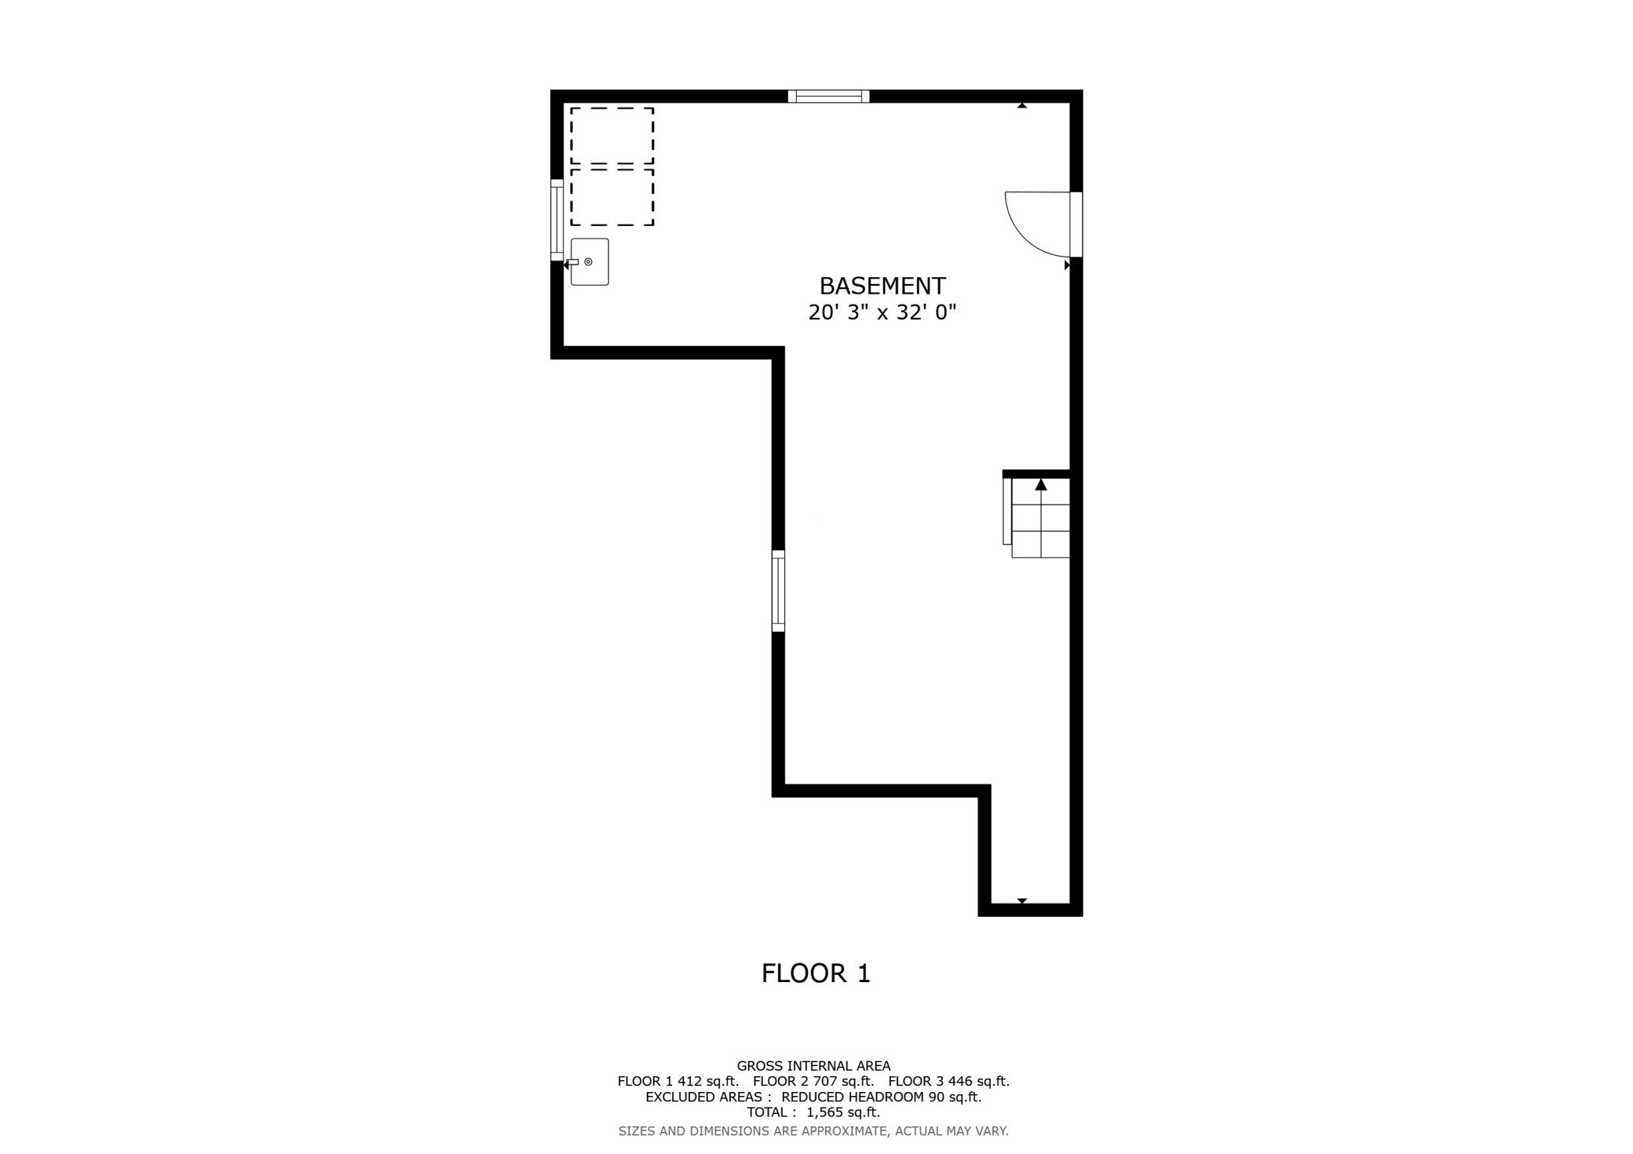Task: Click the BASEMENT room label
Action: click(882, 285)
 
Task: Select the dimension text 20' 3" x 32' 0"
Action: click(882, 312)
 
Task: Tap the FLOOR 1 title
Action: click(816, 973)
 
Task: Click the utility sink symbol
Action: click(590, 261)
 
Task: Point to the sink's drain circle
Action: click(588, 261)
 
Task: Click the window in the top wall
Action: click(829, 97)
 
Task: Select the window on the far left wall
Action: click(557, 220)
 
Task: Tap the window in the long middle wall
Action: click(778, 590)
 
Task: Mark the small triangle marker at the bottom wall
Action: click(1022, 901)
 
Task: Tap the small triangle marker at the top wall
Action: click(1022, 105)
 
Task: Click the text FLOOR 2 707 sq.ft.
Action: click(813, 1081)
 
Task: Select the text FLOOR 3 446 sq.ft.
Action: click(949, 1081)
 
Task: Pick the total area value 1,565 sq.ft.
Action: click(843, 1112)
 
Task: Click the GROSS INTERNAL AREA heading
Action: click(813, 1066)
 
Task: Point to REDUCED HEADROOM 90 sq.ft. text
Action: click(882, 1097)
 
